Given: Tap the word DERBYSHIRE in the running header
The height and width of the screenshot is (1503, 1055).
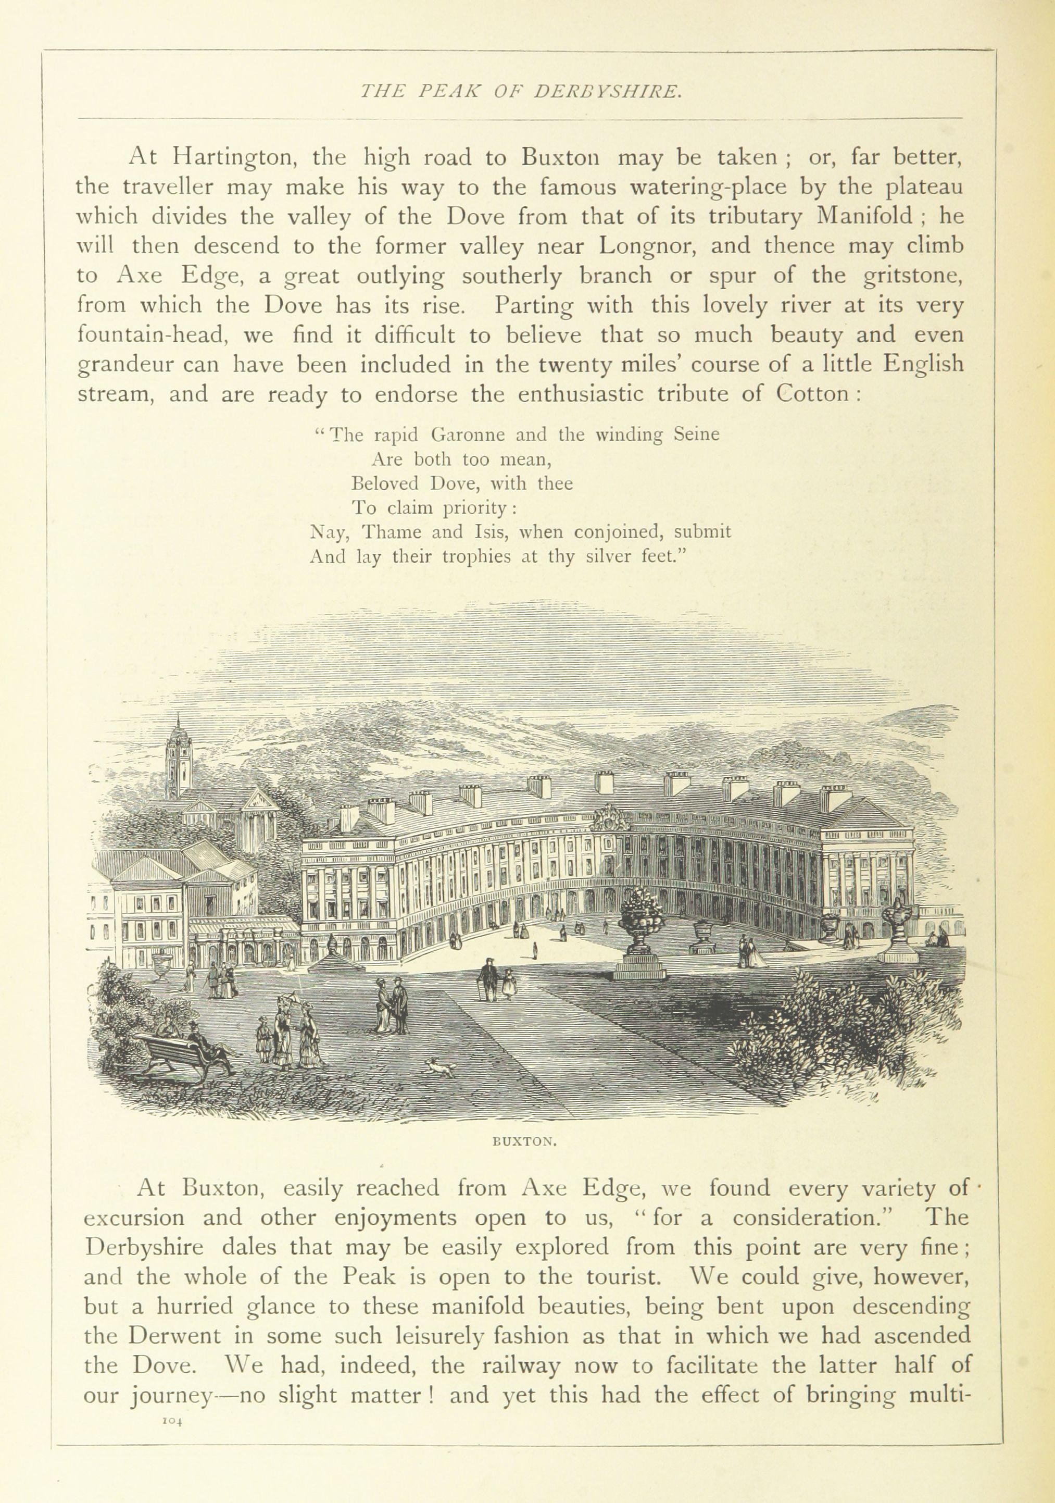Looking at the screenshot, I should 608,92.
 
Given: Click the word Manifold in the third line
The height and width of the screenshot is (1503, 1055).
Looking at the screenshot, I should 861,216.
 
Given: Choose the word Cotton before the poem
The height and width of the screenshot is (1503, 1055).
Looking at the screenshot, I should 813,394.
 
